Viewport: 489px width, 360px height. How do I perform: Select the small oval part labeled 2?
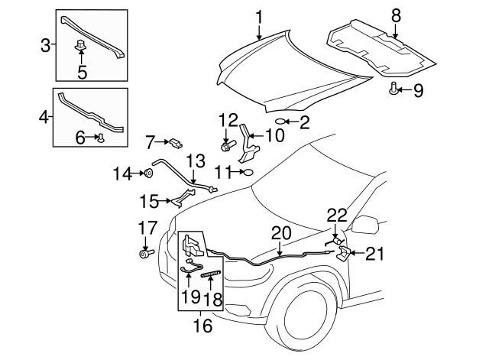280,121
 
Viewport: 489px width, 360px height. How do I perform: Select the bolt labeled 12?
226,143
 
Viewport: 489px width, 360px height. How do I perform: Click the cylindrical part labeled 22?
335,238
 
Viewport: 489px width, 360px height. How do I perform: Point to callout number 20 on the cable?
280,232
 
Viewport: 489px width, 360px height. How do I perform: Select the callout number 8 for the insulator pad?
395,15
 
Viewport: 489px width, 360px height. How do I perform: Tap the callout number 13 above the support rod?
196,161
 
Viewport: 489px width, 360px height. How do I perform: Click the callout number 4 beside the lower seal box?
44,118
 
